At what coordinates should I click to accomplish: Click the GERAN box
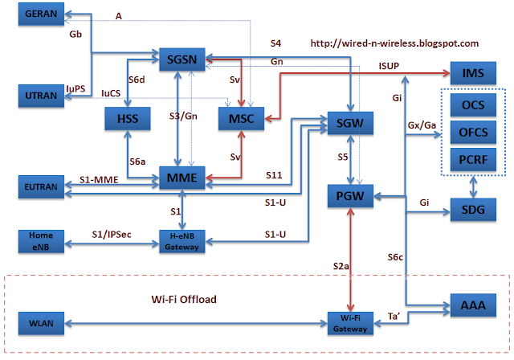[x=41, y=14]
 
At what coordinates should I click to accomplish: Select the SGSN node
[x=182, y=59]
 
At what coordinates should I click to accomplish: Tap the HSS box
[x=128, y=119]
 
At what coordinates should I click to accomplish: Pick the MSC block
[x=241, y=119]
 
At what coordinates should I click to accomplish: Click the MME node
[x=182, y=178]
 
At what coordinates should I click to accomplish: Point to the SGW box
[x=350, y=123]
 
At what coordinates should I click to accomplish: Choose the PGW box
[x=350, y=196]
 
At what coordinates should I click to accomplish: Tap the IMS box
[x=473, y=73]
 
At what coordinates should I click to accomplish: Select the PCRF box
[x=473, y=160]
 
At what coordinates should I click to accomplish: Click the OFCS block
[x=473, y=133]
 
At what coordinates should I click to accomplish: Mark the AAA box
[x=473, y=305]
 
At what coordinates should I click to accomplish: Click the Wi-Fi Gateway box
[x=350, y=323]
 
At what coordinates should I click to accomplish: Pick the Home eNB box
[x=41, y=241]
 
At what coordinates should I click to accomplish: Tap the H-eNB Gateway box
[x=182, y=241]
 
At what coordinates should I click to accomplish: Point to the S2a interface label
[x=341, y=266]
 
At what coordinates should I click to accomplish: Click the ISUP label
[x=389, y=66]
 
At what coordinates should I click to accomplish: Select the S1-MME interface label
[x=99, y=180]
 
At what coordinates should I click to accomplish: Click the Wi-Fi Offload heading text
[x=184, y=299]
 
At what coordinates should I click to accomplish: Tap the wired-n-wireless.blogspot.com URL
[x=394, y=43]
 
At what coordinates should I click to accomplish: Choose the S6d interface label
[x=137, y=80]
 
